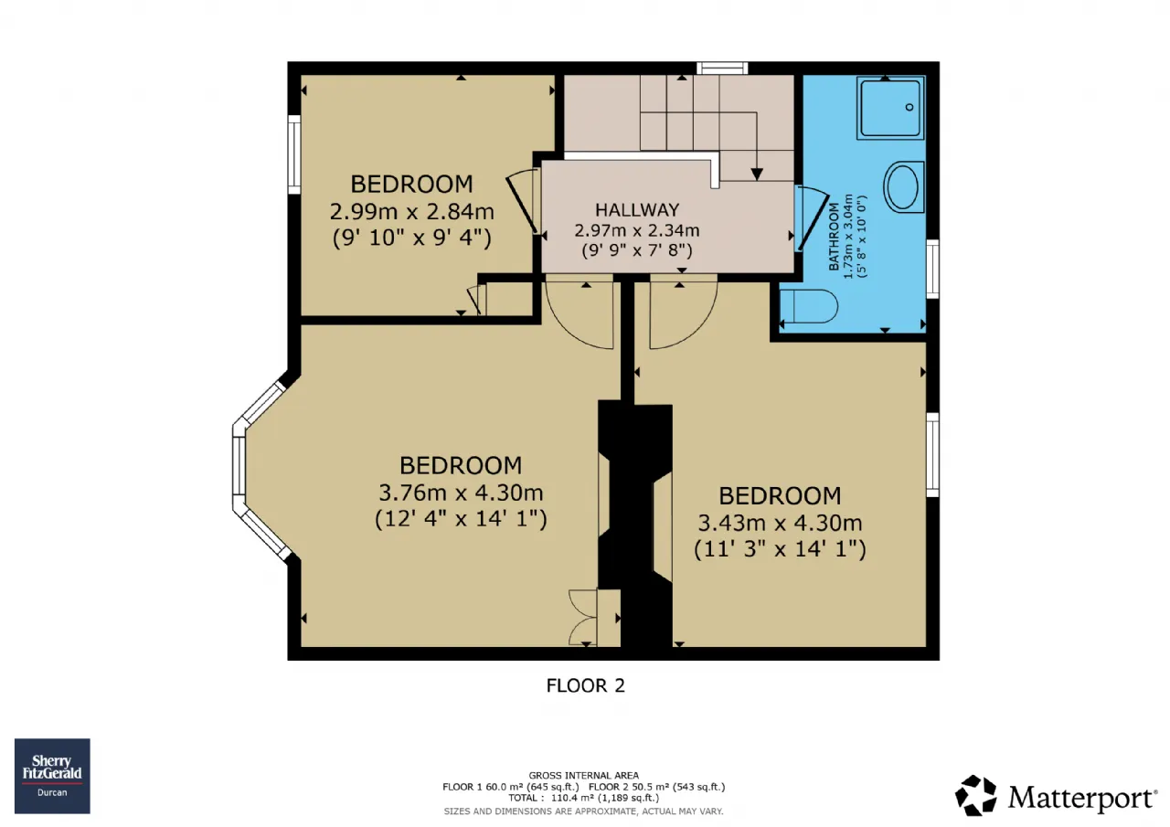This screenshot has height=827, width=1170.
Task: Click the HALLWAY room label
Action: (x=637, y=210)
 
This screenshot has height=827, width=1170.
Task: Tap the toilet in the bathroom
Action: (x=809, y=306)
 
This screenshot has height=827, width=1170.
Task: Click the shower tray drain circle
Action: (x=909, y=107)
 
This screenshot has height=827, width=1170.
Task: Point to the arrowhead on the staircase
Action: (x=757, y=175)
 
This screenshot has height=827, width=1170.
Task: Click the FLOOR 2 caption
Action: (x=586, y=685)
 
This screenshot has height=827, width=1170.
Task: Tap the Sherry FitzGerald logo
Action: (x=52, y=776)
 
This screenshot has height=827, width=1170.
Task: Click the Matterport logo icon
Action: (x=975, y=795)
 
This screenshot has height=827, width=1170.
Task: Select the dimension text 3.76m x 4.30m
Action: (x=461, y=493)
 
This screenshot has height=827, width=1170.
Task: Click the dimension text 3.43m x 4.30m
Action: (x=780, y=523)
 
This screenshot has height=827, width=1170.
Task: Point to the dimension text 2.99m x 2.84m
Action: (x=411, y=211)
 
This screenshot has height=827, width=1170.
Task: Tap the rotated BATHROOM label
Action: (x=834, y=237)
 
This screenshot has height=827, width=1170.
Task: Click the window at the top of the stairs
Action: (x=722, y=68)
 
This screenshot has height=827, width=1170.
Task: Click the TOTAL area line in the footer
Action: (x=583, y=798)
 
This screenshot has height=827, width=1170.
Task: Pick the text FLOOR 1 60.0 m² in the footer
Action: (x=484, y=787)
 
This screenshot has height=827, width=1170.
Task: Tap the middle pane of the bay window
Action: (x=239, y=466)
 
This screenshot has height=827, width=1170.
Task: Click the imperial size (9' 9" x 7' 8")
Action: (x=637, y=250)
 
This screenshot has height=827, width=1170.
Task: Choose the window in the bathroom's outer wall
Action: (x=932, y=269)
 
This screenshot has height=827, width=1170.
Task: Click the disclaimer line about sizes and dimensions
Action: (x=583, y=811)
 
